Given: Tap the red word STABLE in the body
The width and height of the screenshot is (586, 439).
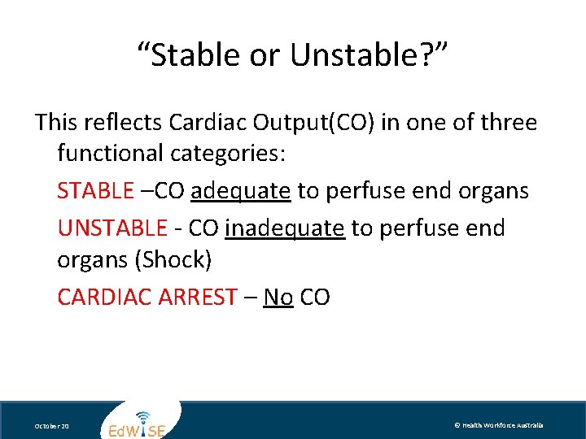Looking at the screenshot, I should (x=95, y=191).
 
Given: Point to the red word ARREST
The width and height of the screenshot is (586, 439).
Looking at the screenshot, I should (x=199, y=297).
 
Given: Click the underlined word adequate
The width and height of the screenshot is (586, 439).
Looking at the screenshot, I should (x=240, y=192).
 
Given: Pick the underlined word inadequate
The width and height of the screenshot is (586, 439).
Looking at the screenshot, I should (x=285, y=228).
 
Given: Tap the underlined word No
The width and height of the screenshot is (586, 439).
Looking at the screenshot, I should (x=278, y=297).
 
